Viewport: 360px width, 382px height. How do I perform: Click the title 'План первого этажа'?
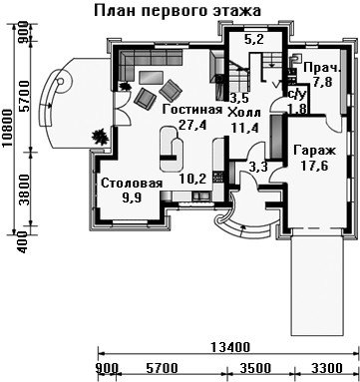178,11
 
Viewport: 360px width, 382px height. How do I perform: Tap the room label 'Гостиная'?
192,110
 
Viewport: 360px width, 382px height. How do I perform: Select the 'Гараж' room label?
315,152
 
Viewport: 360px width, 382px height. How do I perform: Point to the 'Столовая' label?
132,184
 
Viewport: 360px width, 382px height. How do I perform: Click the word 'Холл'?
243,113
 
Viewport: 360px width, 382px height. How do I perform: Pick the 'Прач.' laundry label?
322,69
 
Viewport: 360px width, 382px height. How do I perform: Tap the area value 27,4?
192,125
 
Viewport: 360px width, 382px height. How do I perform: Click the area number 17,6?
314,166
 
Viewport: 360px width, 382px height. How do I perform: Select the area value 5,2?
254,40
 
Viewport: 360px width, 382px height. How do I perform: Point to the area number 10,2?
192,179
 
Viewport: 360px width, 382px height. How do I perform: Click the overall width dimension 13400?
230,347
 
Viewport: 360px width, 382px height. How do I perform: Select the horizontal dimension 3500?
255,368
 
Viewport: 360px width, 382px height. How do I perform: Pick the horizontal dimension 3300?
326,368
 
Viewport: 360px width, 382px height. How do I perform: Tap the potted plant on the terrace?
100,137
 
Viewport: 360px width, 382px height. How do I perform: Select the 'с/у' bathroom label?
296,96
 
